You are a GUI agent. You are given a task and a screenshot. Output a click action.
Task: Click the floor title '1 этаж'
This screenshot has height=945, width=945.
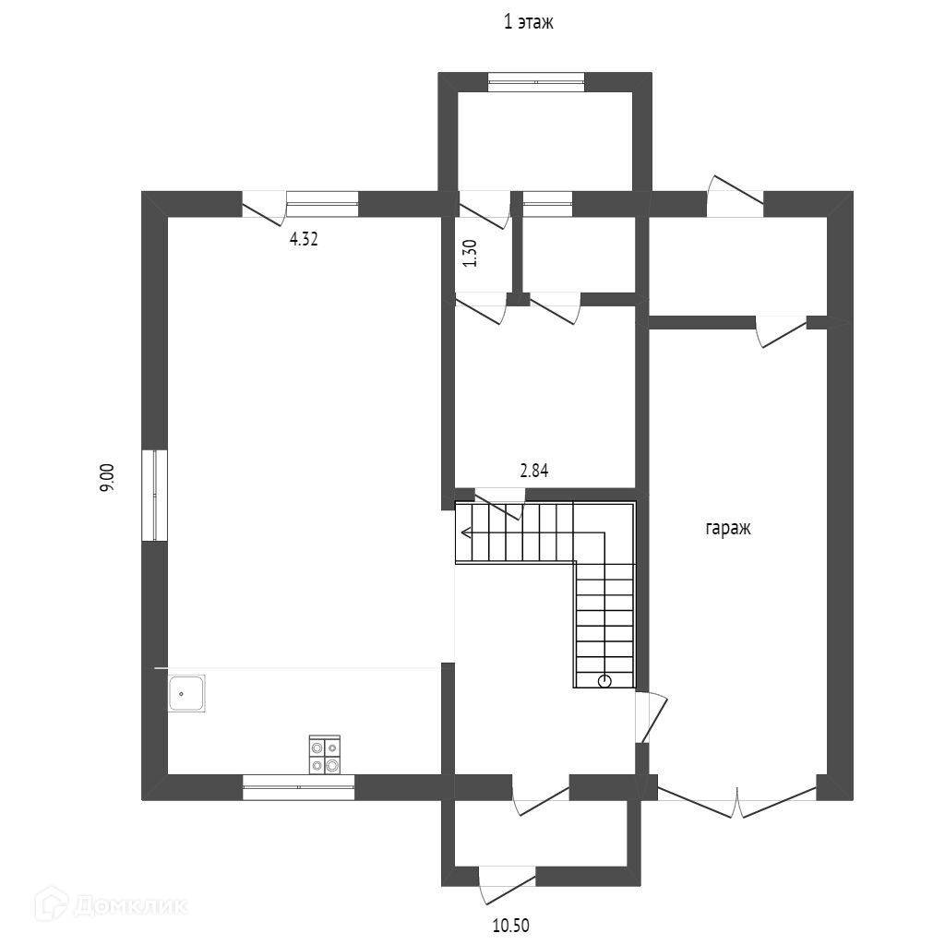tap(529, 23)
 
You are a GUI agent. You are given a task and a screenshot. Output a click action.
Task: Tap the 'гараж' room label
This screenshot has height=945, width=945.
tap(728, 529)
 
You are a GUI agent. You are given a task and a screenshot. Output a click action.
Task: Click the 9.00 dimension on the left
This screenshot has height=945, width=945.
tap(107, 478)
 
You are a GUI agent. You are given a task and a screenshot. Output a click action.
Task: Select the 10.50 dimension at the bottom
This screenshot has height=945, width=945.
tap(511, 925)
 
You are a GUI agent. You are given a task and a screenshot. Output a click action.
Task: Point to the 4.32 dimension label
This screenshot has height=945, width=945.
tap(304, 239)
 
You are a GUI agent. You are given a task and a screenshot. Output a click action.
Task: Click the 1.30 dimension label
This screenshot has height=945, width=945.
tap(471, 254)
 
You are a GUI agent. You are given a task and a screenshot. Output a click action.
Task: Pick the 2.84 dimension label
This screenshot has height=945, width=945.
tap(534, 470)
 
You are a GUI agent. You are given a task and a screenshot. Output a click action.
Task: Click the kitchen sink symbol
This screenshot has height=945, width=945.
tap(186, 693)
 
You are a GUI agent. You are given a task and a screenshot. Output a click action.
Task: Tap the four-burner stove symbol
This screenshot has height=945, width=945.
tap(325, 755)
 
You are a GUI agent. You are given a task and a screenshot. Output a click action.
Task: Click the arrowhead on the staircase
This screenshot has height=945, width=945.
tap(466, 532)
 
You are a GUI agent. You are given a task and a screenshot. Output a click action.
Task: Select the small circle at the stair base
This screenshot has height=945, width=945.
tap(604, 681)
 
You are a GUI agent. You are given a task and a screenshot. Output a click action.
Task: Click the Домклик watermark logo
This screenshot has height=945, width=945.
tap(112, 905)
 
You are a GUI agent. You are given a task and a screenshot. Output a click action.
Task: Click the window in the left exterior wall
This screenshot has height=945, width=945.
tap(155, 496)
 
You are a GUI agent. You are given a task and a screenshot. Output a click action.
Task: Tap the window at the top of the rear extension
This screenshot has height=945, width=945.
tap(536, 82)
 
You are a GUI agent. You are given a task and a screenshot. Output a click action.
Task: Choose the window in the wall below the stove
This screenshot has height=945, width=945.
tap(298, 787)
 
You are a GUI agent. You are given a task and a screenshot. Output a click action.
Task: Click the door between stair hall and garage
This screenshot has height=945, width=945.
tap(651, 718)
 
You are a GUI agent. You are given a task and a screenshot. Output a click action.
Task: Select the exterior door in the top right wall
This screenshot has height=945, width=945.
tap(736, 197)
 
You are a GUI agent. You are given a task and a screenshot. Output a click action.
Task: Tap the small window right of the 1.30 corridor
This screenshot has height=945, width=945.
tap(547, 204)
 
